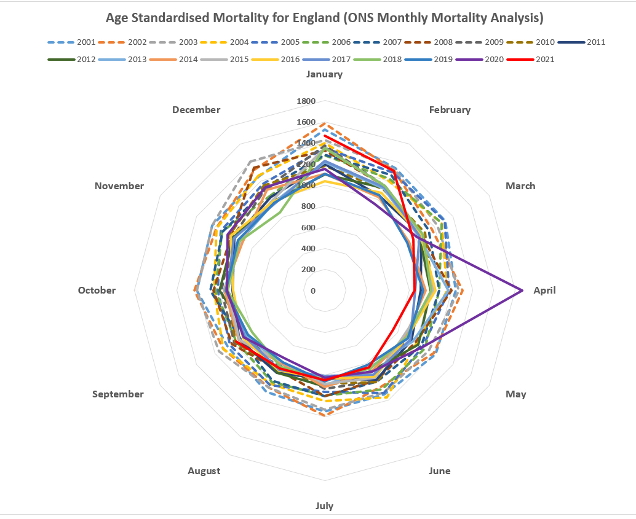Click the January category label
coord(324,74)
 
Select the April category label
coord(544,291)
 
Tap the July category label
coord(324,505)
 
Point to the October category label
coord(97,291)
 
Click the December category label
coord(196,110)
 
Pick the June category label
coord(439,471)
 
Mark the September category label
coord(118,394)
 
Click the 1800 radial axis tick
coord(306,101)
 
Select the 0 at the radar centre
coord(313,291)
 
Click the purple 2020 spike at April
coord(520,290)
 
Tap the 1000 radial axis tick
coord(306,185)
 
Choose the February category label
coord(450,110)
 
